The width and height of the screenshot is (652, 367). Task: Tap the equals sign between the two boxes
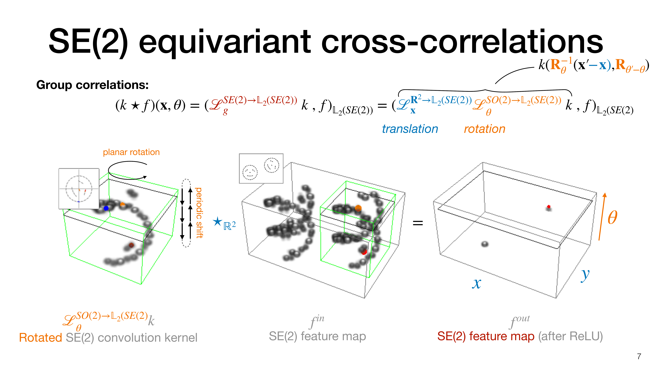418,223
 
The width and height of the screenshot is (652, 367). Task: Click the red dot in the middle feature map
364,252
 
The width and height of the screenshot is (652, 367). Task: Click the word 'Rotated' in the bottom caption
40,338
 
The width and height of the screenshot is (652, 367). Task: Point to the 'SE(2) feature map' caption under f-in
317,336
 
